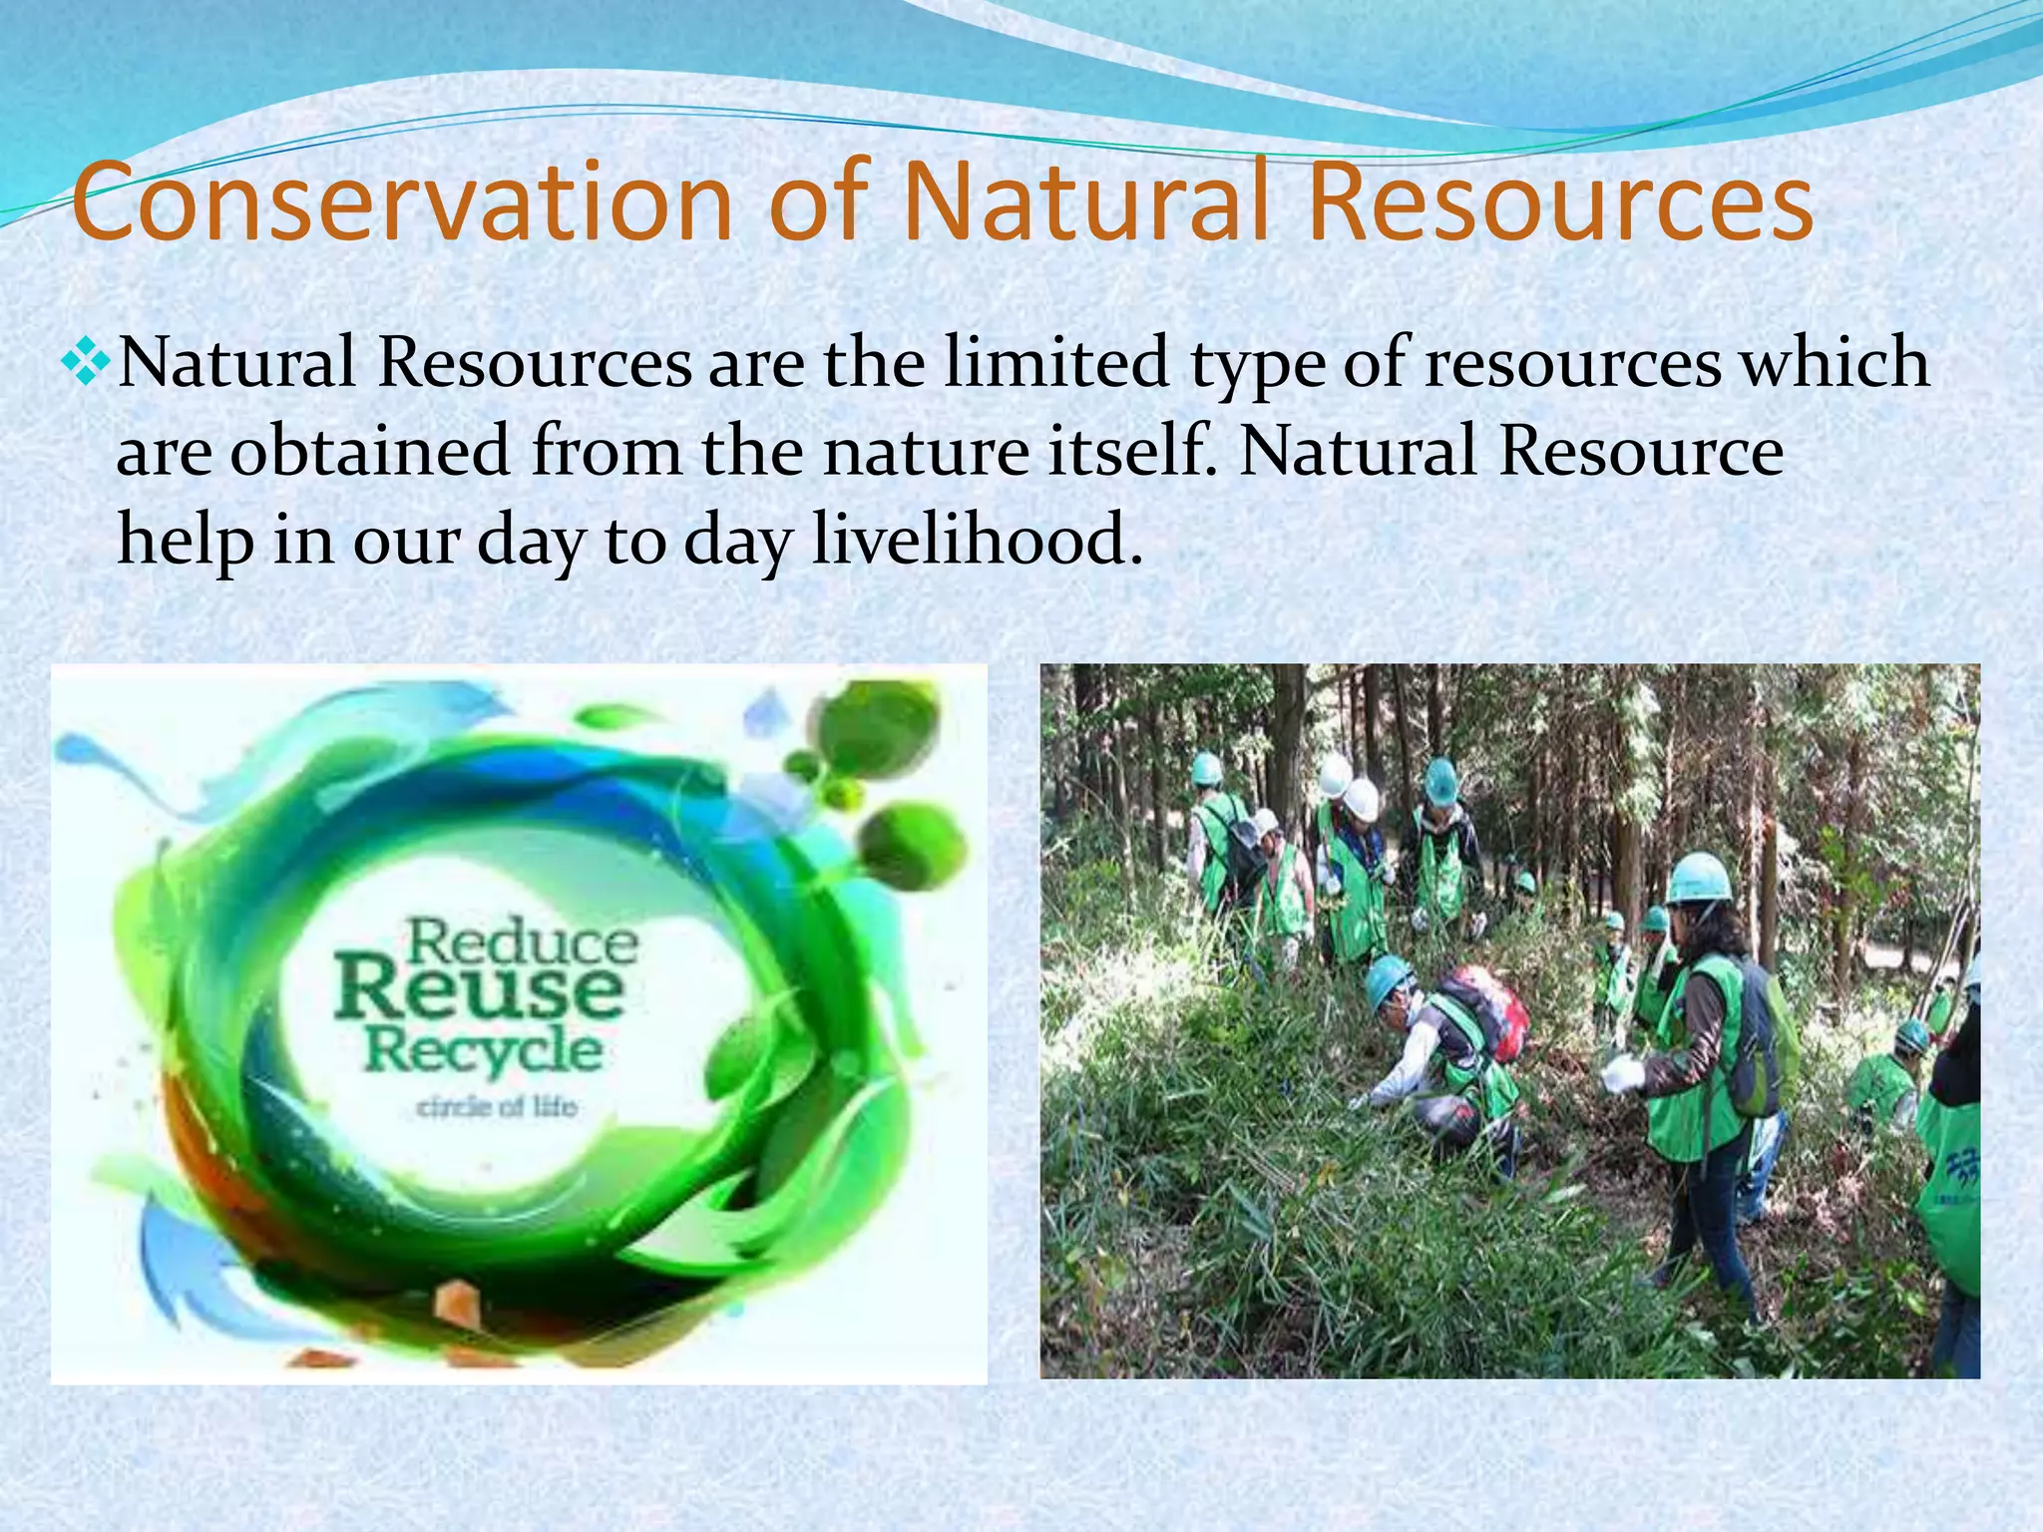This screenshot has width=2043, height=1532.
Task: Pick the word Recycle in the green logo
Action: point(484,1050)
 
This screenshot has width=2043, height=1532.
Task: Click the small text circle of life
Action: point(496,1106)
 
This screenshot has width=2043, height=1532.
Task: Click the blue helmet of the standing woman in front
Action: point(1699,879)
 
